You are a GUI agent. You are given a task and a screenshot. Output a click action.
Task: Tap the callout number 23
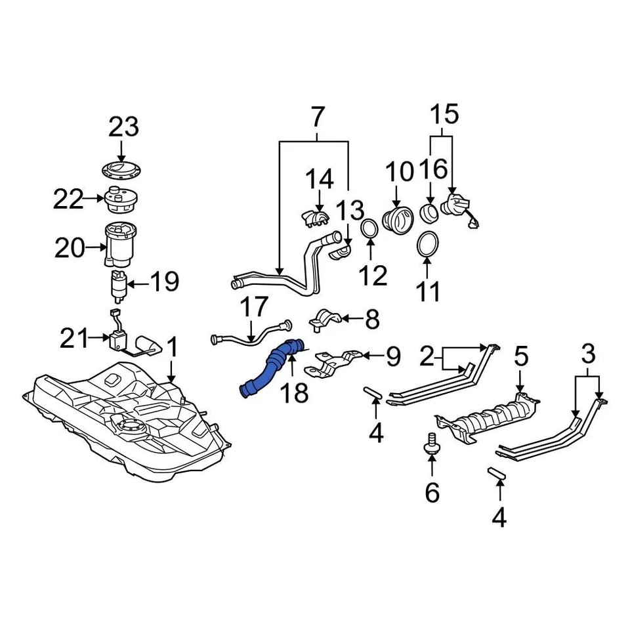point(125,127)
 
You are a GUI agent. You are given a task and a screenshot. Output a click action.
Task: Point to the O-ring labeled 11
point(427,245)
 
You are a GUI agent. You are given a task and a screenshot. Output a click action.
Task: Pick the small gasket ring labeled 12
point(370,230)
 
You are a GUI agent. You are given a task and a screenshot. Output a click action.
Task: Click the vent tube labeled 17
point(249,336)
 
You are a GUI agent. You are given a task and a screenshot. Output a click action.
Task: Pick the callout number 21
point(74,338)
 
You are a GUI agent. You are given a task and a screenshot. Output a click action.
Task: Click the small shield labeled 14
point(317,217)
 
